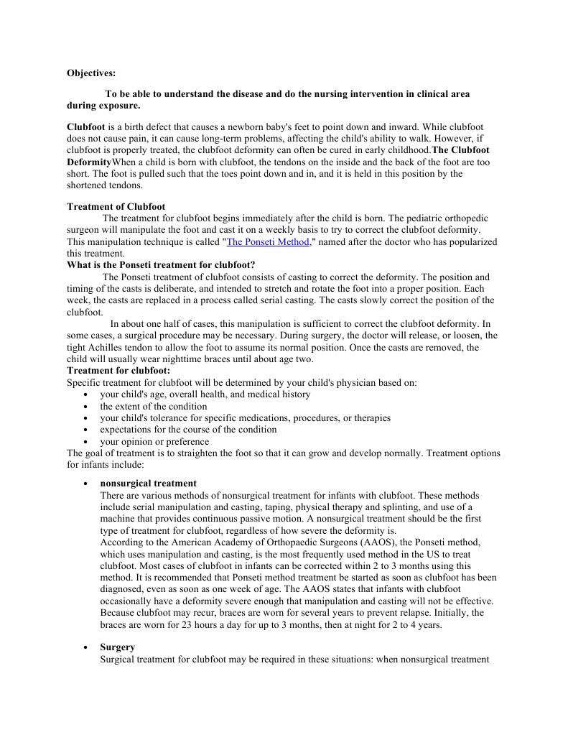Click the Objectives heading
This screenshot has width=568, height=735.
(90, 73)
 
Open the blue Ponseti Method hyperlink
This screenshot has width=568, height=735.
(267, 242)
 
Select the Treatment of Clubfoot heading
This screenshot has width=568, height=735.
(116, 206)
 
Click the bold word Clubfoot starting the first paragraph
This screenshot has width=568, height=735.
(85, 126)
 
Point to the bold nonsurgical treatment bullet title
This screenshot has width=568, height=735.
(148, 484)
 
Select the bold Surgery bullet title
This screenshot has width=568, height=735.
(117, 647)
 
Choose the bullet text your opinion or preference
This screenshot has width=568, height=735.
(154, 441)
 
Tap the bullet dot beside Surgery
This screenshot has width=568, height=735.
(86, 648)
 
